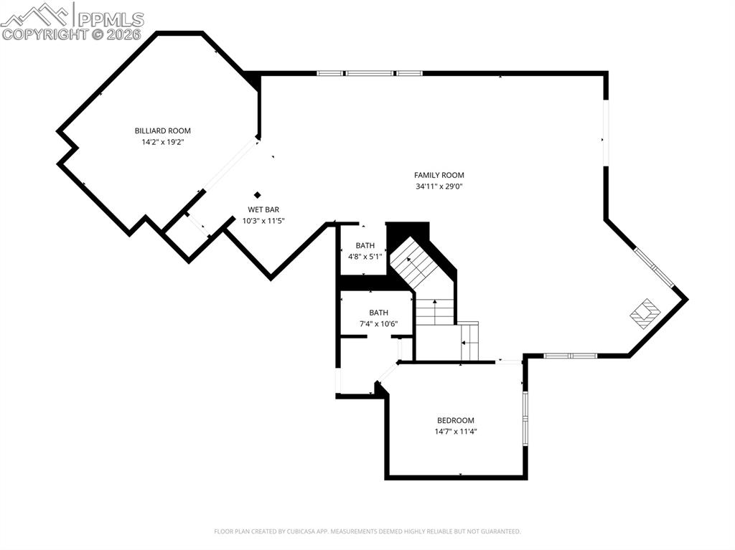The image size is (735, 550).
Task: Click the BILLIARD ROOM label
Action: click(163, 131)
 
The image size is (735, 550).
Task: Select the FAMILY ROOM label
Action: click(439, 175)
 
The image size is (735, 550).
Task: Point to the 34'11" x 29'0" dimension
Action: click(439, 186)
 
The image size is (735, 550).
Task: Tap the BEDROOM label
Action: click(456, 420)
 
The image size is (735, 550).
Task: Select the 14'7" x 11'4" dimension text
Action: click(456, 432)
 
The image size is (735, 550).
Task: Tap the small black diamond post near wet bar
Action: click(257, 194)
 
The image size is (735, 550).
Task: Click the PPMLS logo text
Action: click(111, 19)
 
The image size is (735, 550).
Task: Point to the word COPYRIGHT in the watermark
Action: click(45, 34)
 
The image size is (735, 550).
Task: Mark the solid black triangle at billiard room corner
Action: click(252, 80)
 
